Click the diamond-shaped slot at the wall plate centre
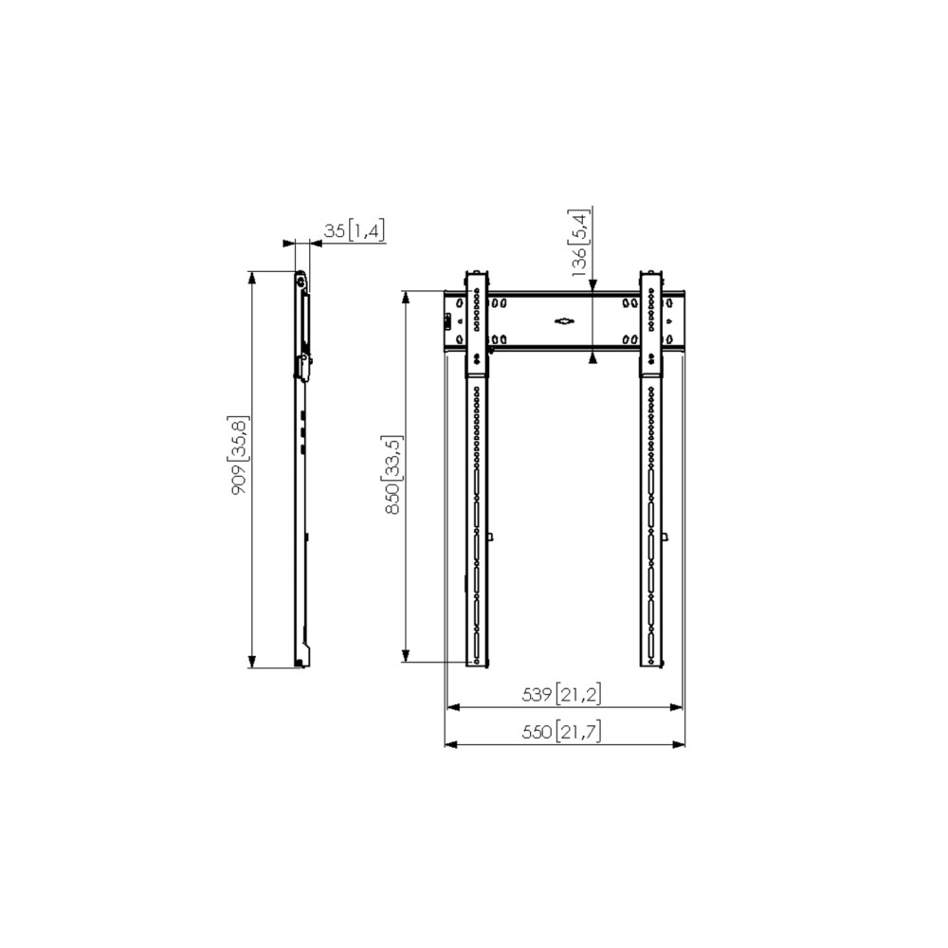point(564,321)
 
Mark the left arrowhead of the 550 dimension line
point(450,744)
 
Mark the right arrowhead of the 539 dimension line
point(677,707)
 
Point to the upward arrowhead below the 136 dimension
point(592,358)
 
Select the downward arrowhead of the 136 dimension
point(592,284)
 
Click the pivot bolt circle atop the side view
point(300,280)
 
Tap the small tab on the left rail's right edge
point(490,537)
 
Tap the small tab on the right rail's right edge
point(665,537)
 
